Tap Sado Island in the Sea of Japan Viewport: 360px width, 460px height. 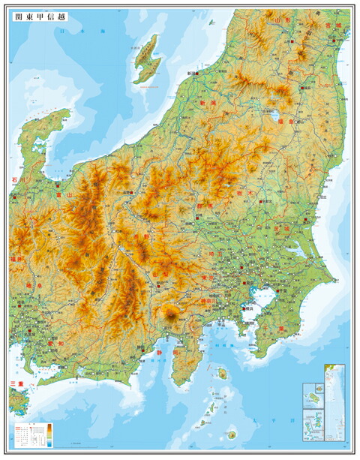coord(148,60)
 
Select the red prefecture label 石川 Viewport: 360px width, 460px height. coord(16,180)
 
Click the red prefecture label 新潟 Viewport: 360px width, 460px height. coord(208,102)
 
